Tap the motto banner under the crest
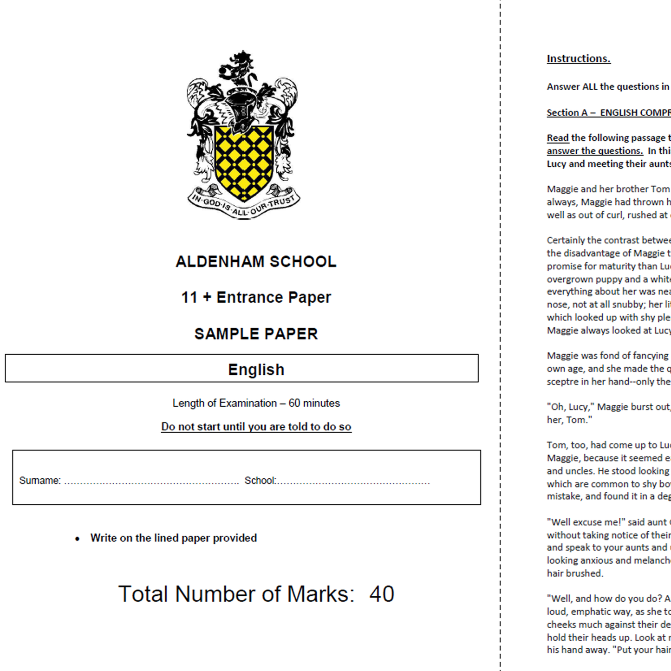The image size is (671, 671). click(244, 204)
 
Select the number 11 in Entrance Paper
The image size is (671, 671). click(189, 297)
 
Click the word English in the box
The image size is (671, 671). click(256, 370)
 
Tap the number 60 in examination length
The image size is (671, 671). click(294, 403)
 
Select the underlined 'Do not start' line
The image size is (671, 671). click(256, 427)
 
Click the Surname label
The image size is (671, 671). click(40, 481)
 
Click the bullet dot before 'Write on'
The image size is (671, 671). click(78, 539)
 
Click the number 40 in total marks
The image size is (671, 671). click(382, 594)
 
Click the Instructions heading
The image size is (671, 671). click(579, 59)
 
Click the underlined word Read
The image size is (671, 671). click(558, 138)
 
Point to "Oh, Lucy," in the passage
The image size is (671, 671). click(570, 407)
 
